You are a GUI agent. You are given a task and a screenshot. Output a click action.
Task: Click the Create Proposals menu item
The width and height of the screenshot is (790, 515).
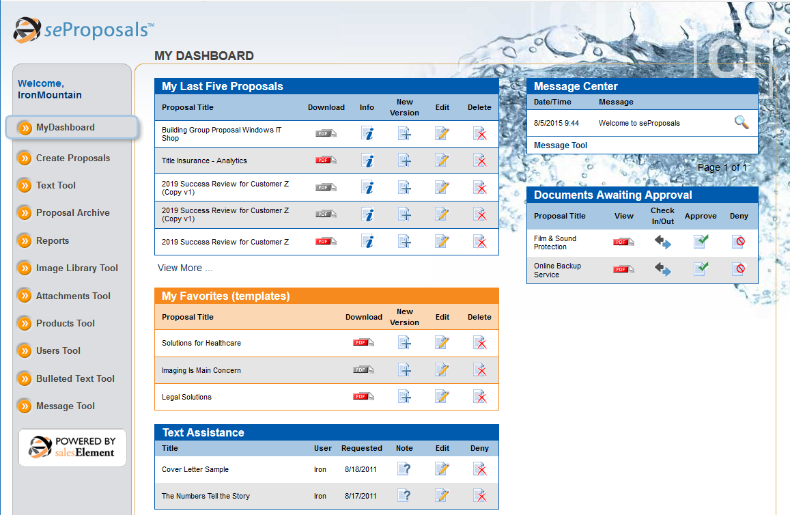(x=72, y=158)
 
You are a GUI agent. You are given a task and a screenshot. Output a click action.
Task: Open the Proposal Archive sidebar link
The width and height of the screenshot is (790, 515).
(x=72, y=212)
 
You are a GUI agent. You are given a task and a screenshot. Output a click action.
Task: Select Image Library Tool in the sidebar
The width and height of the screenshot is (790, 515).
(x=76, y=268)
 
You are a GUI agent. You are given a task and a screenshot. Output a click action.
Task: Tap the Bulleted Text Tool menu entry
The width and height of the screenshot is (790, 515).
(x=75, y=378)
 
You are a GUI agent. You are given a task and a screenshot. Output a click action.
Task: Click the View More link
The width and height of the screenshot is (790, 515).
(x=185, y=268)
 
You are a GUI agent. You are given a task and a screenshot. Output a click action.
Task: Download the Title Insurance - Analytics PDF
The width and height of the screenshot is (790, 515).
(x=326, y=161)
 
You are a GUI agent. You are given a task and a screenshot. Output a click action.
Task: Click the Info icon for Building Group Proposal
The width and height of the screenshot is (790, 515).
(x=367, y=133)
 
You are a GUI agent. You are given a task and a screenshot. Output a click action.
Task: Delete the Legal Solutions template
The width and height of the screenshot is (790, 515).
(x=479, y=397)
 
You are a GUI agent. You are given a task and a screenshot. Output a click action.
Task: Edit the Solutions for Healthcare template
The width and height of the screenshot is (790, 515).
(x=442, y=342)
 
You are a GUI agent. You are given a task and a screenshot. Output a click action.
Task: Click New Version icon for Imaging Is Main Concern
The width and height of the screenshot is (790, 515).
(x=405, y=370)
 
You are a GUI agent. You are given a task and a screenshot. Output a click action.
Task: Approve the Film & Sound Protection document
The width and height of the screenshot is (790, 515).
(x=701, y=242)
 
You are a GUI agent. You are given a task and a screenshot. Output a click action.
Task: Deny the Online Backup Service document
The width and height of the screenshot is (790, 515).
(x=739, y=269)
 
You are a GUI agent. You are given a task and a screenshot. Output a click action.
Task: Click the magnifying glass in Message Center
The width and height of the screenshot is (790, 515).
(x=741, y=123)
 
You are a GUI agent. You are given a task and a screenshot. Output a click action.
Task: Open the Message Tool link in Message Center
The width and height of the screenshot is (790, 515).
(x=561, y=145)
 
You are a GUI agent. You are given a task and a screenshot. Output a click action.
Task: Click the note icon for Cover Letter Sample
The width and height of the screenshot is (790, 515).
(x=404, y=469)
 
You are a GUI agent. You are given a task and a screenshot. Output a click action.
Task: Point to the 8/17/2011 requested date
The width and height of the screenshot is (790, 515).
(x=362, y=496)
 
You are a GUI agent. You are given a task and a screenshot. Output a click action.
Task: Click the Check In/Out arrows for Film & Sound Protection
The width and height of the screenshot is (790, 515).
(x=662, y=242)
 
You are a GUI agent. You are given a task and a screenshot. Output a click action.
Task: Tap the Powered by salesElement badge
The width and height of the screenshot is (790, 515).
(x=72, y=447)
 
